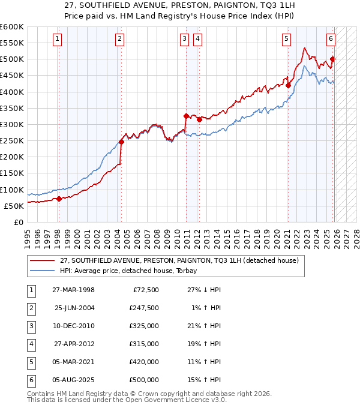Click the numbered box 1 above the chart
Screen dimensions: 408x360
point(57,40)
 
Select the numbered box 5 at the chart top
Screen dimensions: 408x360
point(286,40)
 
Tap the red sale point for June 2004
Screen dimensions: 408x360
point(121,142)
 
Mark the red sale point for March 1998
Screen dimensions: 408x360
point(59,199)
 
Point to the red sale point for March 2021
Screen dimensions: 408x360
point(288,85)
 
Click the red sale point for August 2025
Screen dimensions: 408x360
point(332,59)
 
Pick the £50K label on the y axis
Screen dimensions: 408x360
point(14,206)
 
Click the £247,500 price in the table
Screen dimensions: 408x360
point(144,308)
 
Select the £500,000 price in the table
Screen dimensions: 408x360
point(144,380)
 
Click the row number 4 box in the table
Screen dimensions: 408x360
point(31,344)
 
